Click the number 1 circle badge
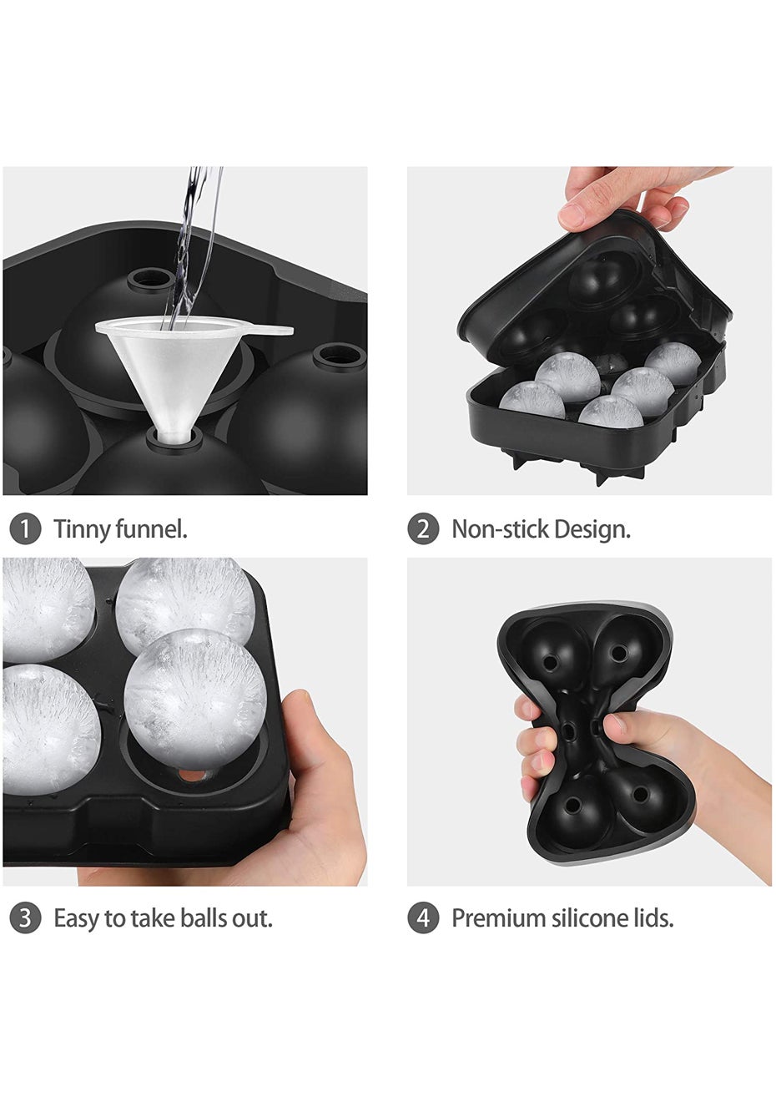point(24,529)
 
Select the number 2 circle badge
point(423,529)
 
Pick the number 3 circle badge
point(24,918)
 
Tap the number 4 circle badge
point(423,918)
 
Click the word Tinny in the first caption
point(82,531)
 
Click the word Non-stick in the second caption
point(500,529)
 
